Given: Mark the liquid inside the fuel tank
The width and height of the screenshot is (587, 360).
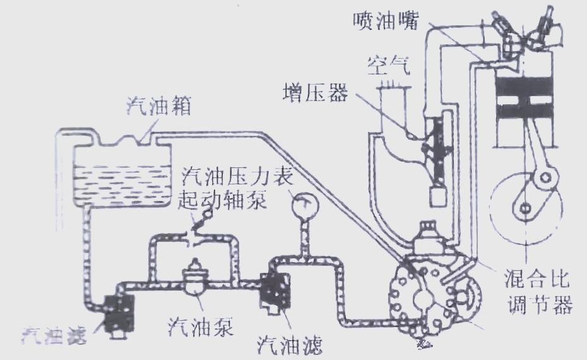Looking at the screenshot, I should [x=120, y=184].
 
